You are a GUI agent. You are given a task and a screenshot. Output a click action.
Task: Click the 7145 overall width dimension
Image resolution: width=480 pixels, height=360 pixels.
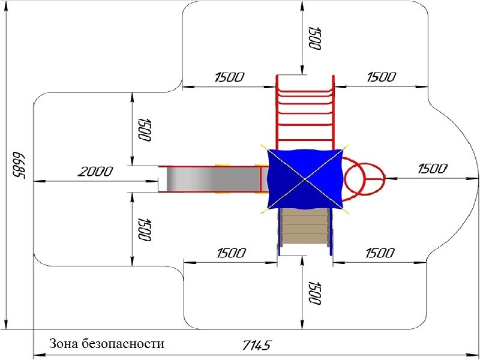click(x=257, y=346)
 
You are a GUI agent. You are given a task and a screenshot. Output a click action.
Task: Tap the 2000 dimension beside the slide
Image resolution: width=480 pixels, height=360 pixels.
click(x=95, y=172)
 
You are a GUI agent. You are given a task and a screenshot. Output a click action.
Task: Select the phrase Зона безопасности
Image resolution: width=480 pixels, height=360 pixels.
click(x=107, y=343)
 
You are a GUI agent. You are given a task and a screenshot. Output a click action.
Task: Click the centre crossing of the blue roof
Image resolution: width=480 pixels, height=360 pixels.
click(x=305, y=179)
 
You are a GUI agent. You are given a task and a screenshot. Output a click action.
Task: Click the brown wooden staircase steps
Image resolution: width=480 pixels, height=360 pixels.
click(x=305, y=227)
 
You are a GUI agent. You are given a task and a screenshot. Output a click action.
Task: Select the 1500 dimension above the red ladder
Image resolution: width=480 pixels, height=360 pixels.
click(x=314, y=38)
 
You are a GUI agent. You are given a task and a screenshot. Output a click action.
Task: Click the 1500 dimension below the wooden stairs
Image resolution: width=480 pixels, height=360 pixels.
click(x=314, y=293)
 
